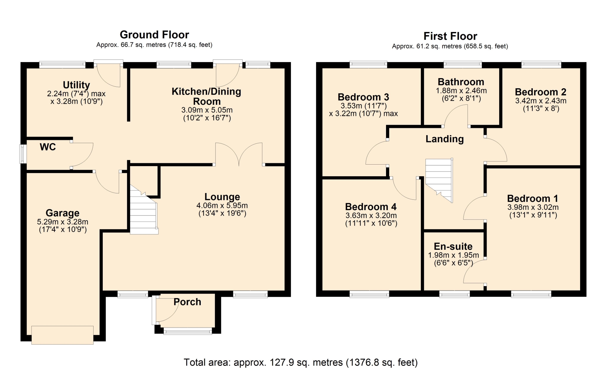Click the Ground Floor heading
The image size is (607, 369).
(154, 34)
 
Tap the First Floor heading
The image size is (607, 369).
(450, 36)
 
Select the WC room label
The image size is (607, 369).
(48, 147)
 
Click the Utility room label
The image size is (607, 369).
(76, 85)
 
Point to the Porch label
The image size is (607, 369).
(187, 302)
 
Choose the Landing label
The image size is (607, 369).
(445, 139)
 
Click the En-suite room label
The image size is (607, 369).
(453, 246)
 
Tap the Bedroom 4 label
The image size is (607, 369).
(371, 207)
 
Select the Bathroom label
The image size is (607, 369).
(461, 82)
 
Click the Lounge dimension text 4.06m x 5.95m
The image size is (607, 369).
(222, 205)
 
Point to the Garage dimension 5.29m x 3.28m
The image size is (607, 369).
(63, 222)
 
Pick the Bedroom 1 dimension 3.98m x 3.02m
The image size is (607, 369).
(533, 207)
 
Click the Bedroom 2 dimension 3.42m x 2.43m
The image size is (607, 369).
(541, 101)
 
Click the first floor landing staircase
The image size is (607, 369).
(439, 180)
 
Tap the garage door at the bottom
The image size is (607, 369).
(63, 335)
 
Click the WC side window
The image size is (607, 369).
(23, 154)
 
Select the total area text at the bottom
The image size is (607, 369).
(301, 362)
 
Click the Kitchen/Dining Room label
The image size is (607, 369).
(206, 96)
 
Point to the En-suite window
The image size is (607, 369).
(455, 295)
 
